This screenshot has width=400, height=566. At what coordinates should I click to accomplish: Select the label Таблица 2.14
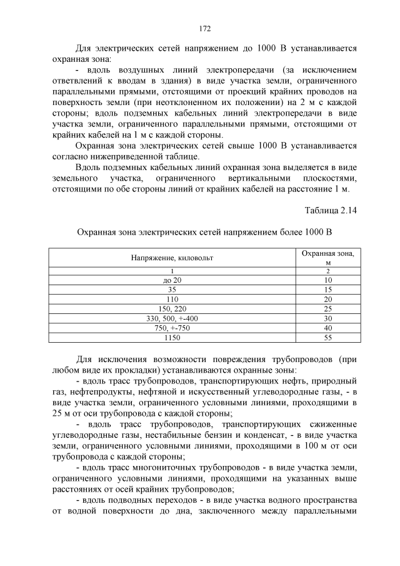[x=331, y=210]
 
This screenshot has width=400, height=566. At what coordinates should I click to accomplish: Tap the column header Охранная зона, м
[x=328, y=257]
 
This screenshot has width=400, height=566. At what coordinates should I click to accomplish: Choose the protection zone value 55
[x=328, y=338]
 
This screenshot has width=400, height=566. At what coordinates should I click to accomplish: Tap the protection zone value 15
[x=328, y=290]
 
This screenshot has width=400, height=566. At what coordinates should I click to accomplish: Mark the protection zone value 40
[x=328, y=328]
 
